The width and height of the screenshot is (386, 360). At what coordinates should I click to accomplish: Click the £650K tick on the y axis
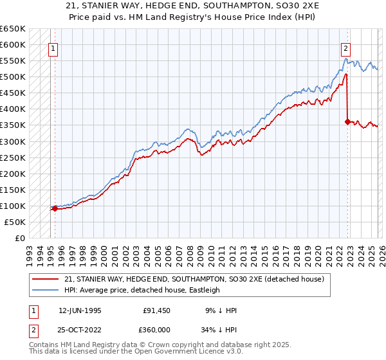(x=13, y=29)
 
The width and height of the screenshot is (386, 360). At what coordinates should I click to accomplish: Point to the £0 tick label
(x=20, y=239)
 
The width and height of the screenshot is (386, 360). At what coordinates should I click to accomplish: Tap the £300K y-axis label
(x=13, y=141)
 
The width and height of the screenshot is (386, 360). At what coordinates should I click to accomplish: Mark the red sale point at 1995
(x=55, y=208)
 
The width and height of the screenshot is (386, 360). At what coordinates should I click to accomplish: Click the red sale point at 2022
(x=347, y=122)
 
